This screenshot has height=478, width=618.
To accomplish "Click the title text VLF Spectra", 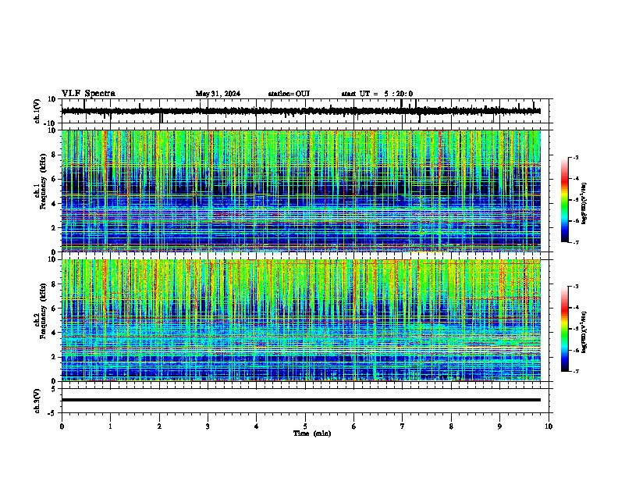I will tap(88, 94).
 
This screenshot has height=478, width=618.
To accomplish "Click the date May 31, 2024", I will tap(218, 94).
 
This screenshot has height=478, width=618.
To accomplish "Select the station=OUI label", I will tap(289, 94).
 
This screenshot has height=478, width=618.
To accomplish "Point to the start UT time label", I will tap(377, 94).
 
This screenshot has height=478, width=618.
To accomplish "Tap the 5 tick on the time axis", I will tap(305, 426).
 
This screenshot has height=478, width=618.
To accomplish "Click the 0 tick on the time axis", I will tap(62, 426).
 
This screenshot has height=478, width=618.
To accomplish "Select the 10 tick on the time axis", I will tap(549, 426).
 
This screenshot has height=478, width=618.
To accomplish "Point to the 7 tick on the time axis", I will tap(403, 426).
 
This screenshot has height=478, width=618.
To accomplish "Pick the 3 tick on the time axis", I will tap(208, 426).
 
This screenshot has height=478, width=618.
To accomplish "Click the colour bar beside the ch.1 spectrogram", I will tap(565, 200).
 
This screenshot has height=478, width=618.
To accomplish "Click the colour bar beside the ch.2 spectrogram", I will tap(565, 329).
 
